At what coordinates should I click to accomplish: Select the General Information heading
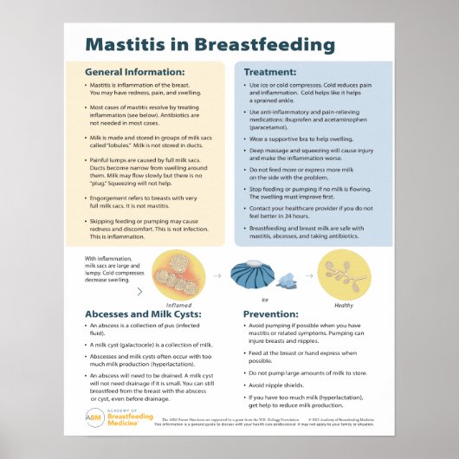(134, 72)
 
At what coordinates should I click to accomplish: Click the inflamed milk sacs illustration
(178, 275)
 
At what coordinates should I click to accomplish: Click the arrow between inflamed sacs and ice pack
(217, 276)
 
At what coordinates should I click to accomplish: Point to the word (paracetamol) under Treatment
(275, 122)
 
